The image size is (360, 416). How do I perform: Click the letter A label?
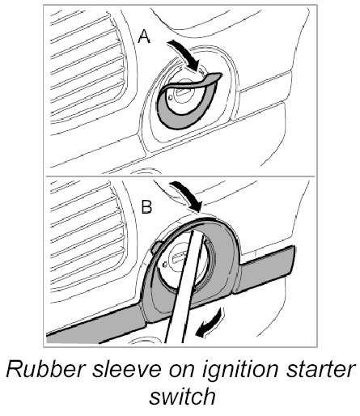click(x=144, y=36)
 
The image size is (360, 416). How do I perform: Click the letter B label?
click(x=147, y=207)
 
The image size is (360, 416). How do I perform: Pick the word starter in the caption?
click(x=320, y=370)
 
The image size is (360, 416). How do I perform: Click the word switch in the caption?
click(x=183, y=396)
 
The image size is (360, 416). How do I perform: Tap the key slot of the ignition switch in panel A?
click(x=184, y=91)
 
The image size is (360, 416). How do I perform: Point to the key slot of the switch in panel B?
click(x=179, y=257)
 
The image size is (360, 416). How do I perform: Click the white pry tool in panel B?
click(x=183, y=286)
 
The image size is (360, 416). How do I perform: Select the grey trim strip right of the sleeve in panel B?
click(x=265, y=270)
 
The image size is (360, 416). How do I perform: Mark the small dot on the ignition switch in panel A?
click(x=170, y=97)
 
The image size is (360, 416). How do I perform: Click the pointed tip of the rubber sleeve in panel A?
click(x=221, y=74)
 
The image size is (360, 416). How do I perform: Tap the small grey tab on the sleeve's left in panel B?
click(x=155, y=248)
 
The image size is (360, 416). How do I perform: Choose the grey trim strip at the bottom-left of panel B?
click(x=95, y=326)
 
